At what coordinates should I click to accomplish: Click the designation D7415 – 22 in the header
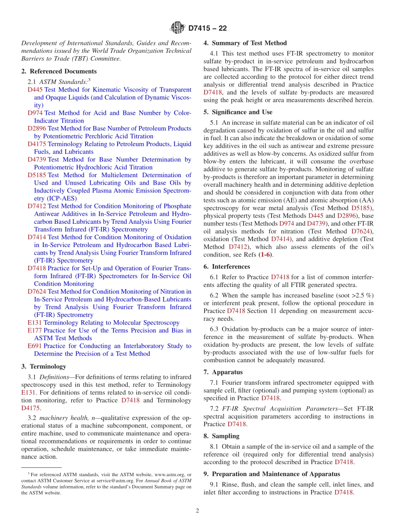(207, 29)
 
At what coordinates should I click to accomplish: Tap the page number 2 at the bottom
(197, 511)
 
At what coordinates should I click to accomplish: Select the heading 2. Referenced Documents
(59, 71)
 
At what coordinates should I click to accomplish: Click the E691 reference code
(35, 346)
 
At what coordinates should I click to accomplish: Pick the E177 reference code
(35, 330)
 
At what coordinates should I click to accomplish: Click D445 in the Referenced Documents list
(35, 89)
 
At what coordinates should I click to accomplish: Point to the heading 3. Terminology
(44, 366)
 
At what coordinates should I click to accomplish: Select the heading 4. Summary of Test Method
(245, 43)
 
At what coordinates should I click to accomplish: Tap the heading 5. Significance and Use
(238, 112)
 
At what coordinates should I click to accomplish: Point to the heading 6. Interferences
(227, 267)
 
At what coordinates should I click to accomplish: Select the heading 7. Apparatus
(223, 372)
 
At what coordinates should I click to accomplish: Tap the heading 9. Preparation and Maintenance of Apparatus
(272, 474)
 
